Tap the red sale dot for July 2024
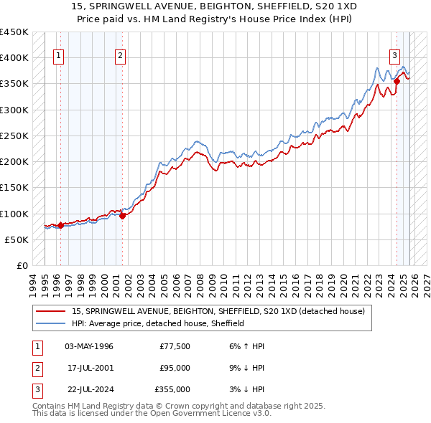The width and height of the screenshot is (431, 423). (x=397, y=82)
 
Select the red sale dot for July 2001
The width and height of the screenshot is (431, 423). (x=123, y=216)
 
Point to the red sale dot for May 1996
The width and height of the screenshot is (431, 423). (x=60, y=225)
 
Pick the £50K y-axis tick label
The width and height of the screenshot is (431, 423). (x=17, y=239)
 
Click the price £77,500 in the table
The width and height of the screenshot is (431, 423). (x=175, y=346)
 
